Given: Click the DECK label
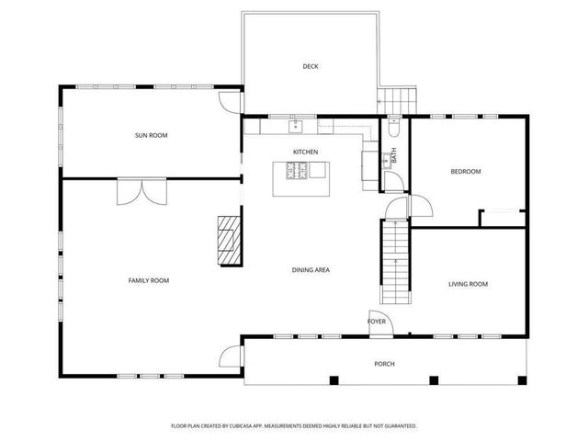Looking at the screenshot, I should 310,66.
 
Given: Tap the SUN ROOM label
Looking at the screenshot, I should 152,136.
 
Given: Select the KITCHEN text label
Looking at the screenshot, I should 306,152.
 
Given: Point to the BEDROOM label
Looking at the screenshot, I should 466,172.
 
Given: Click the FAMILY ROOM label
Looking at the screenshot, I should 148,280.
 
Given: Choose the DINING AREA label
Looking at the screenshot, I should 311,270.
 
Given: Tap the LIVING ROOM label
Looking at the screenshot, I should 468,285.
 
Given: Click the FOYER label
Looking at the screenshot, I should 377,322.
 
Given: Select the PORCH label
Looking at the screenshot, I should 384,364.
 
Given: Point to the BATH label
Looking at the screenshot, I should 394,156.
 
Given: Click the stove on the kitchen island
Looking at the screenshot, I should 298,170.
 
